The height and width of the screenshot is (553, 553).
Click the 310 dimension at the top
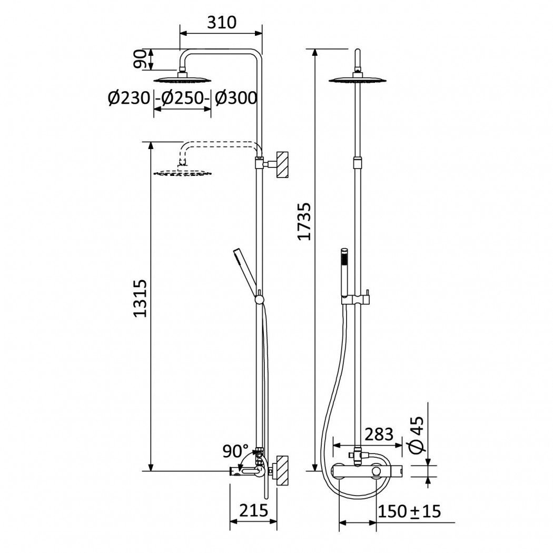click(x=222, y=23)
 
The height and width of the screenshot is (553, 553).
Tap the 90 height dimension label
click(x=140, y=59)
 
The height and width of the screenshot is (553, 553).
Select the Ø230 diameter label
click(x=129, y=97)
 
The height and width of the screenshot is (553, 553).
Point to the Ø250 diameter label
click(x=183, y=97)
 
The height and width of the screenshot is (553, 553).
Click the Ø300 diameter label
click(x=236, y=97)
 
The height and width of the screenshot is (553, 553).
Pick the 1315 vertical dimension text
click(x=140, y=299)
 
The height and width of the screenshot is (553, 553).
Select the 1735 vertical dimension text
click(x=304, y=222)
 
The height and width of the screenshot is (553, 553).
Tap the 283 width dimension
click(x=379, y=434)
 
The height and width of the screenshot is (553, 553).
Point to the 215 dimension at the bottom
click(x=253, y=510)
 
